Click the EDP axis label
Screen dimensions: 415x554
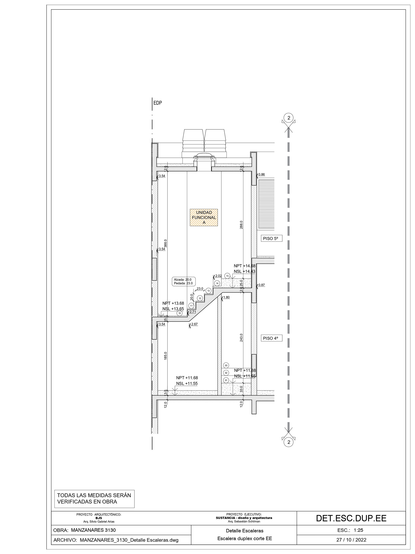click(x=158, y=103)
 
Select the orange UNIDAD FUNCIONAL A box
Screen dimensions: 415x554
click(x=204, y=217)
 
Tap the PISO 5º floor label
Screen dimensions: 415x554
click(x=271, y=238)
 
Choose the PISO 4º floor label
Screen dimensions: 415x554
click(x=271, y=338)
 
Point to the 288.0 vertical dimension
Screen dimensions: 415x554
click(x=241, y=225)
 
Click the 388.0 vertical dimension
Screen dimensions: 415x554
click(x=165, y=244)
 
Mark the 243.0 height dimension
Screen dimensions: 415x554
click(x=241, y=338)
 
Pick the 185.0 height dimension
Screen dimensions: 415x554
click(x=165, y=356)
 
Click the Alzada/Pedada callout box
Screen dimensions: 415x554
click(x=184, y=282)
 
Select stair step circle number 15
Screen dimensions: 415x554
click(x=227, y=276)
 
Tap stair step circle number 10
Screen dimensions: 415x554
click(x=179, y=313)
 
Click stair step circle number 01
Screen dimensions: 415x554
click(x=226, y=380)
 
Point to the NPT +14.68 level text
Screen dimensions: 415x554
click(x=245, y=266)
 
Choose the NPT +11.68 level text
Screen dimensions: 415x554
click(x=187, y=378)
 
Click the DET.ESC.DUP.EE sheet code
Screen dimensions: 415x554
click(x=351, y=518)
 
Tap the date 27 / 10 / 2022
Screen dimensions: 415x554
click(x=351, y=540)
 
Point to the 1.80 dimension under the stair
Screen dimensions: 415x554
click(x=226, y=297)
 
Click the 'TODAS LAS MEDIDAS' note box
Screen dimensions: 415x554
click(x=94, y=499)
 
